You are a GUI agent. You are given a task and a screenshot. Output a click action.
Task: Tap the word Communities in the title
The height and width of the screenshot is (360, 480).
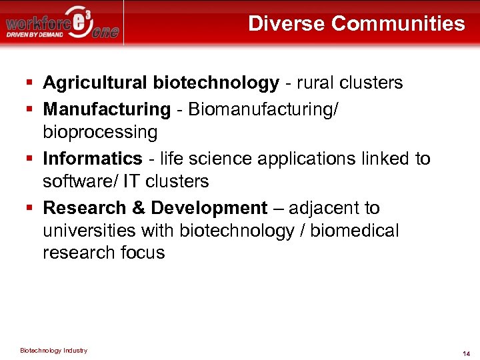pyautogui.click(x=398, y=24)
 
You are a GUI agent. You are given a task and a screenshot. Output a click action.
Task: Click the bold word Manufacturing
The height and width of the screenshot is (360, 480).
pyautogui.click(x=107, y=108)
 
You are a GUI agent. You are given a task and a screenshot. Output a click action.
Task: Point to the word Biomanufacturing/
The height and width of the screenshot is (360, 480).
pyautogui.click(x=263, y=108)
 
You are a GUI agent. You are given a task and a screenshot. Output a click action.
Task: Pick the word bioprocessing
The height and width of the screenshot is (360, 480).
pyautogui.click(x=100, y=132)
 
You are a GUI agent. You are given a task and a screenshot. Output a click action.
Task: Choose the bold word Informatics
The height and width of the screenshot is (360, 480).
pyautogui.click(x=93, y=158)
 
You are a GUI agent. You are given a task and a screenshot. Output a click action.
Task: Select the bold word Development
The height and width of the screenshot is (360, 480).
pyautogui.click(x=209, y=207)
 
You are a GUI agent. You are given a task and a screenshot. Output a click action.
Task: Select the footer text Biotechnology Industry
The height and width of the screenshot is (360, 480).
pyautogui.click(x=53, y=351)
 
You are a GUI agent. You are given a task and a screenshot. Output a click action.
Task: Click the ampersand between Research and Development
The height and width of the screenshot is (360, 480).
pyautogui.click(x=138, y=207)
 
